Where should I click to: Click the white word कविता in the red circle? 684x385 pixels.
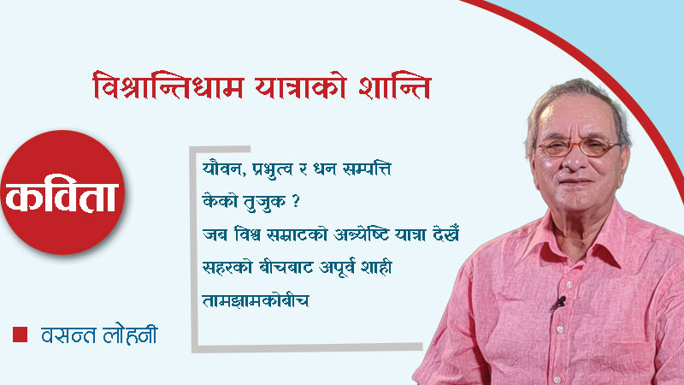coord(64,194)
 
